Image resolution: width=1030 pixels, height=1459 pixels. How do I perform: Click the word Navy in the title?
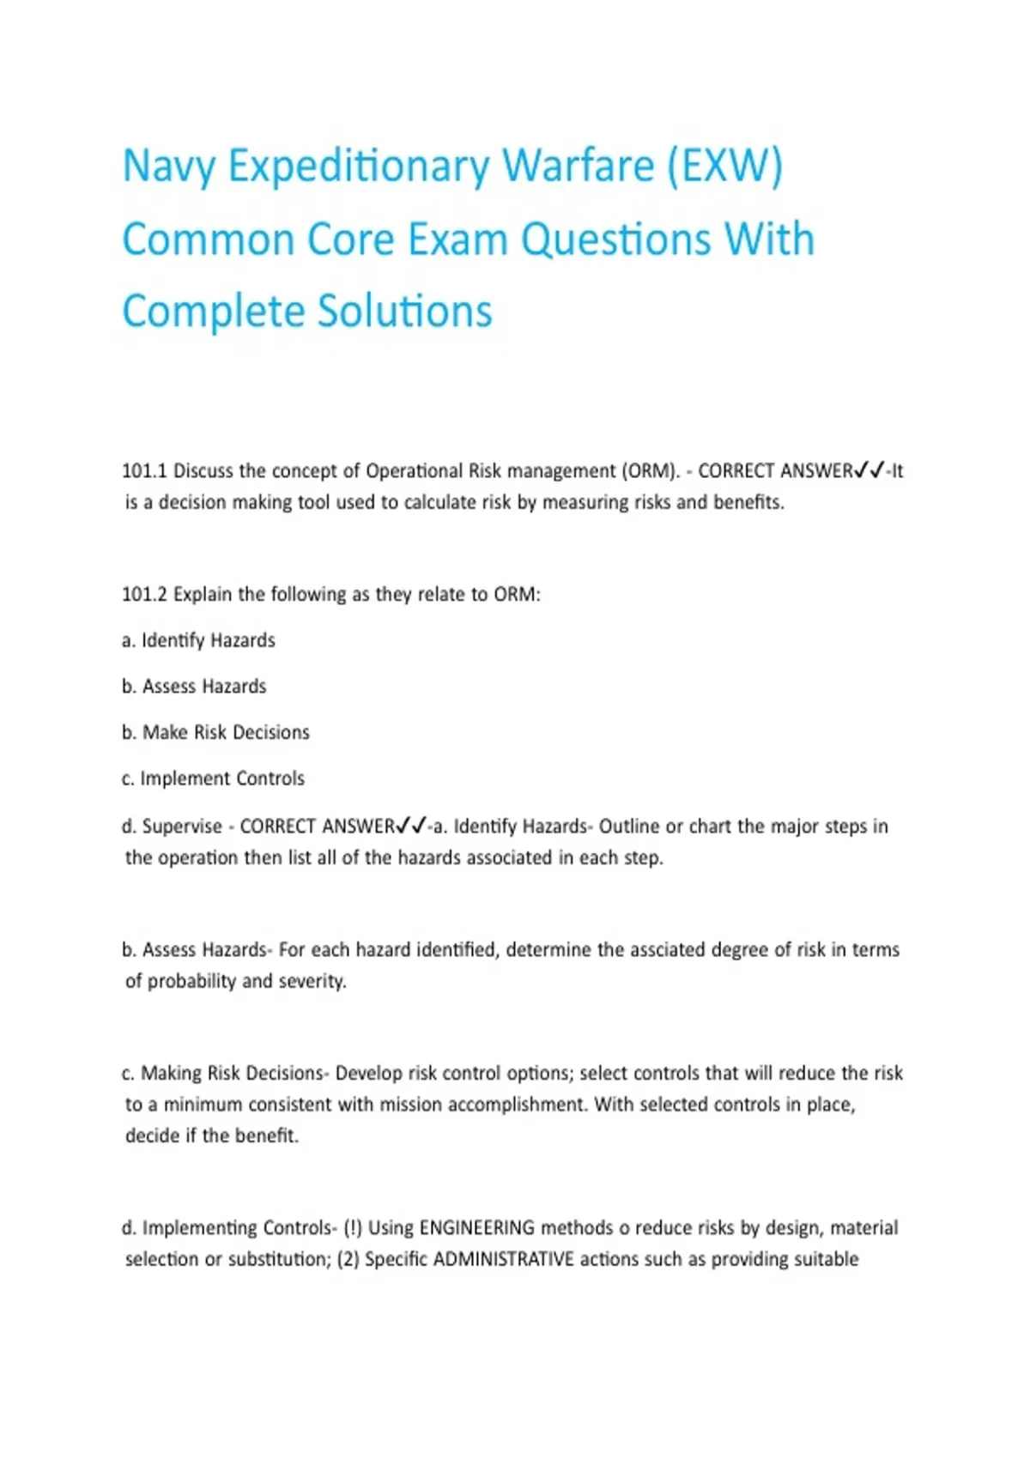(x=167, y=166)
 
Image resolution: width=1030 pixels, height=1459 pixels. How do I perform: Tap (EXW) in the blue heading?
(x=725, y=166)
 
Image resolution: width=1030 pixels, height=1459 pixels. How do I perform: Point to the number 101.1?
(x=143, y=471)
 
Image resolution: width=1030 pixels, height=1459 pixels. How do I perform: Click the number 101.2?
(x=143, y=595)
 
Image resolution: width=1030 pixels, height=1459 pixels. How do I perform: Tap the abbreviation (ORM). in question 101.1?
(x=651, y=471)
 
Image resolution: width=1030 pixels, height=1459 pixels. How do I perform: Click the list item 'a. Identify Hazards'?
(x=198, y=641)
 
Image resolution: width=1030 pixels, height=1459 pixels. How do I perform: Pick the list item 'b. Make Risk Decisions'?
(x=215, y=733)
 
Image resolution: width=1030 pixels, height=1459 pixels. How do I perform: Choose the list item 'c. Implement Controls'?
(x=213, y=779)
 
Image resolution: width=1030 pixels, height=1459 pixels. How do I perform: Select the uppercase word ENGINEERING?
(x=476, y=1228)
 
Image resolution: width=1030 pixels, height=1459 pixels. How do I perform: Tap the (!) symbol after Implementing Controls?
(x=352, y=1228)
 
